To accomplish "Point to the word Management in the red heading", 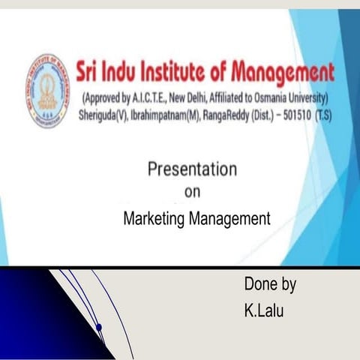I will click(x=282, y=73).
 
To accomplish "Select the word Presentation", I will click(x=192, y=169).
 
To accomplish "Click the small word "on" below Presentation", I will click(x=192, y=192).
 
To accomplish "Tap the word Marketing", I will click(x=152, y=219).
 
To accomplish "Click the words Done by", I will click(x=269, y=285).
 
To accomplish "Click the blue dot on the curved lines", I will click(x=98, y=327).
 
